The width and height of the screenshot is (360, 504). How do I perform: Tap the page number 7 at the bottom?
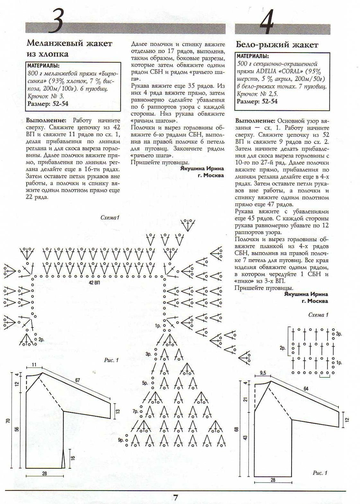[175, 497]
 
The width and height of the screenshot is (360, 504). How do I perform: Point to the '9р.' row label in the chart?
[121, 440]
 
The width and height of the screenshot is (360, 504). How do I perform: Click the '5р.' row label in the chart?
[145, 383]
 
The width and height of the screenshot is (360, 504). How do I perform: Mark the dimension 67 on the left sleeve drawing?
[78, 380]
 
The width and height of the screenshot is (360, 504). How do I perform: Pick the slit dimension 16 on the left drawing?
[73, 458]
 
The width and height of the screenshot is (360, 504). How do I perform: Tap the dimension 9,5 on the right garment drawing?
[263, 373]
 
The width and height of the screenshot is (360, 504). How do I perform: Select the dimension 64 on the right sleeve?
[306, 389]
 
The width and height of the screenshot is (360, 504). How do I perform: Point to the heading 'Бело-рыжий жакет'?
[277, 45]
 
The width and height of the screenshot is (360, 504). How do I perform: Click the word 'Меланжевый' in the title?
[55, 43]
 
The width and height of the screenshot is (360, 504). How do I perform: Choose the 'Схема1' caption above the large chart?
[110, 218]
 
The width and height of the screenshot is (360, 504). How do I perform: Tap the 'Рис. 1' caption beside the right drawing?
[320, 473]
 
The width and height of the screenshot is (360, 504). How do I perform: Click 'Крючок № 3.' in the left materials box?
[46, 96]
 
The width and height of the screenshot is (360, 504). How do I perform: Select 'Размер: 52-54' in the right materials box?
[257, 101]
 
